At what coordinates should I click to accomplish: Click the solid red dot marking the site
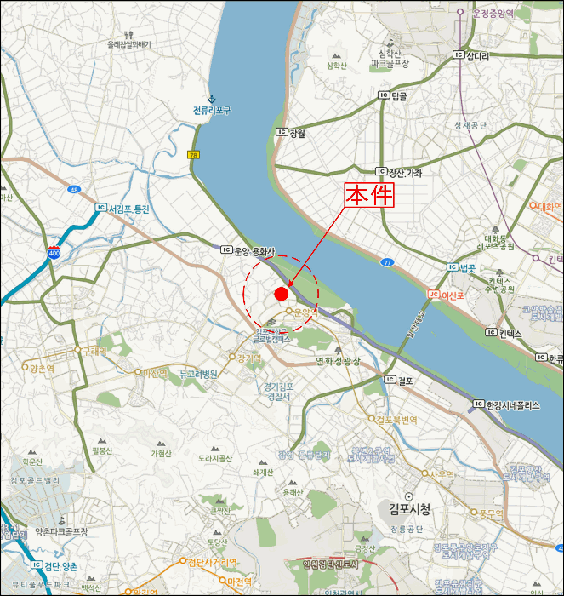(x=281, y=294)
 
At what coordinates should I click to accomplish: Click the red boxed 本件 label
(x=370, y=195)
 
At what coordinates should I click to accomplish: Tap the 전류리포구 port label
(x=212, y=111)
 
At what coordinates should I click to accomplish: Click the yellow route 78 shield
(x=194, y=154)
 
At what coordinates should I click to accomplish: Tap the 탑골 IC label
(x=392, y=96)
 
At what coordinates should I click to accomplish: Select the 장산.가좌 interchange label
(x=399, y=172)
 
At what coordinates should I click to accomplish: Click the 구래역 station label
(x=92, y=350)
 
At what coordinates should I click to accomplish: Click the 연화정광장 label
(x=339, y=360)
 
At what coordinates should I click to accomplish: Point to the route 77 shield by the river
(x=387, y=262)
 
